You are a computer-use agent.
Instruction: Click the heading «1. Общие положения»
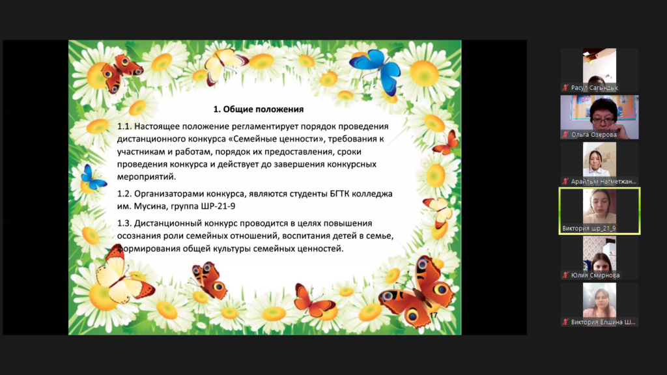tap(258, 109)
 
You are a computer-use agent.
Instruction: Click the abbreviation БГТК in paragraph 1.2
tap(341, 194)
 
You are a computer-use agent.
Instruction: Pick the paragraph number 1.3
tap(124, 223)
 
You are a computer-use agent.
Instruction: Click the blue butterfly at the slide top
tap(376, 70)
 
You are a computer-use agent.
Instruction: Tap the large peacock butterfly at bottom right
tap(419, 293)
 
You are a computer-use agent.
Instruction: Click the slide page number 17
tap(433, 315)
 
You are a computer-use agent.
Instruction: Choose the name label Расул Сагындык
tap(594, 88)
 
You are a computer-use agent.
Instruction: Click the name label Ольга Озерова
tap(594, 134)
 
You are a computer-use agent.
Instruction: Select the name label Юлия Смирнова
tap(595, 275)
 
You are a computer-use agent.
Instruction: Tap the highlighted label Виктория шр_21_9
tap(589, 229)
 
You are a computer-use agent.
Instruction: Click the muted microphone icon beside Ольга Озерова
tap(565, 134)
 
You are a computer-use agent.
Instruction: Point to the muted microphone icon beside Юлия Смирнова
tap(565, 275)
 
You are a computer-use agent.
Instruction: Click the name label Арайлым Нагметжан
tap(604, 182)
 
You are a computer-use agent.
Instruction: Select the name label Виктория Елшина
tap(603, 322)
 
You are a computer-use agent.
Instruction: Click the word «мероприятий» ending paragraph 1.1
tap(147, 177)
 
